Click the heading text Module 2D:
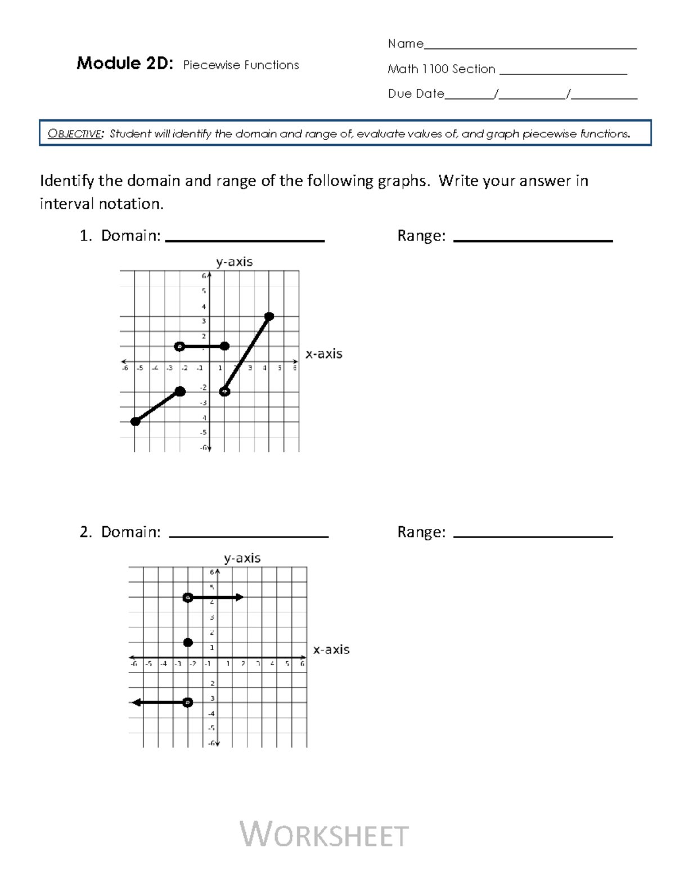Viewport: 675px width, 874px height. coord(124,64)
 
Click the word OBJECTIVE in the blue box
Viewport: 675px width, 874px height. coord(75,134)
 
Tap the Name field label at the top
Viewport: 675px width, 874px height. coord(406,44)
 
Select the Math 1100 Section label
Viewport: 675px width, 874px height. coord(442,69)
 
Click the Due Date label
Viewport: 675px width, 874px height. coord(416,94)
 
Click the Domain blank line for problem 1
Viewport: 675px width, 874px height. coord(245,240)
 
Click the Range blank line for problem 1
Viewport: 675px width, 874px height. coord(532,240)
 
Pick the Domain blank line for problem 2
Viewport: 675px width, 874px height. coord(248,536)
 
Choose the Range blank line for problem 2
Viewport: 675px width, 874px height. coord(532,536)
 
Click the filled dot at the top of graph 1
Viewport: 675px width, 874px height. coord(269,316)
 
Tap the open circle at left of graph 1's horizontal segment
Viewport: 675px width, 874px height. coord(179,346)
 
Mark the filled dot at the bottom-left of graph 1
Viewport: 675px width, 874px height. coord(135,422)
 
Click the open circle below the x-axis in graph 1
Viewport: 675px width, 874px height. coord(224,392)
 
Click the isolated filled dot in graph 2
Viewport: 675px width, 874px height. coord(188,642)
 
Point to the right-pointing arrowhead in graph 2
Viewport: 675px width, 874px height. coord(240,597)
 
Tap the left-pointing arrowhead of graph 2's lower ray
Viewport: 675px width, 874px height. coord(135,702)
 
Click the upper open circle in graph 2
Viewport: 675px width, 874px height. coord(188,597)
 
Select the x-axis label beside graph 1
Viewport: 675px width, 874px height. coord(323,354)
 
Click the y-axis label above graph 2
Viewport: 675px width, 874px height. coord(242,558)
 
